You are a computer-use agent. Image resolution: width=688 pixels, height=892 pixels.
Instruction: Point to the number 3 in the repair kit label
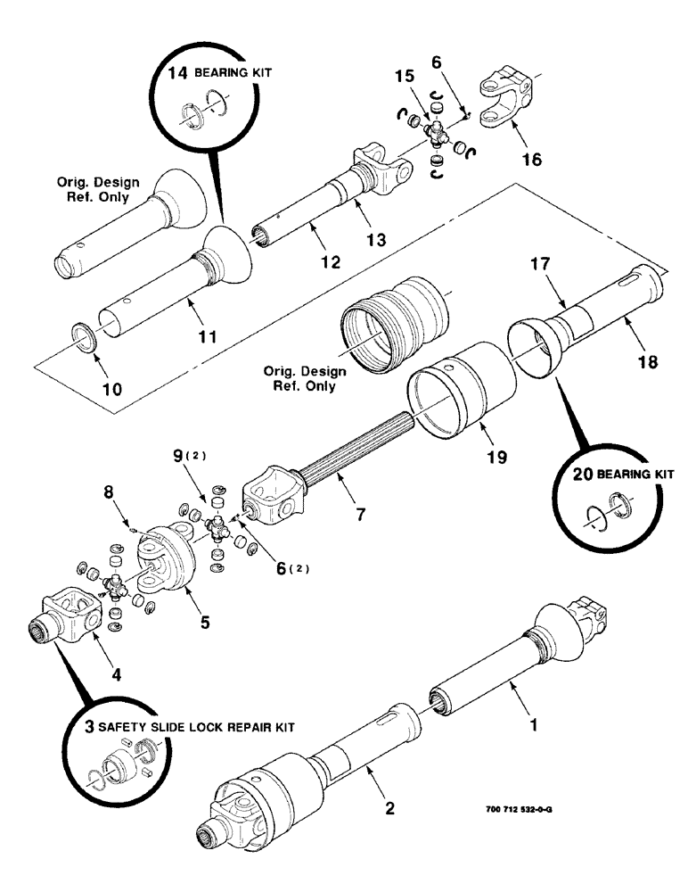click(x=90, y=726)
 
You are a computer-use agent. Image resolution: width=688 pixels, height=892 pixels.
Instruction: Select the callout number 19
click(x=496, y=456)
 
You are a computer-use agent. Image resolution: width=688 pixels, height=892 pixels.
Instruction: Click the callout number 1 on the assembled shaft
click(x=535, y=726)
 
